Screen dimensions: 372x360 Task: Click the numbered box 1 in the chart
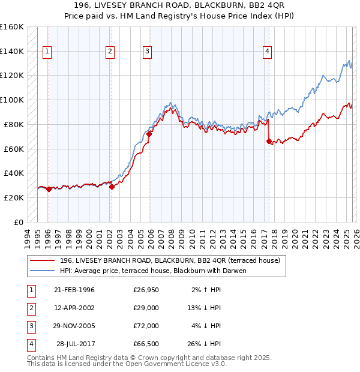click(47, 52)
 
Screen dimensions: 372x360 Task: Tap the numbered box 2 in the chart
click(110, 52)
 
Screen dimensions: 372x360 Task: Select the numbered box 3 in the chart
click(147, 52)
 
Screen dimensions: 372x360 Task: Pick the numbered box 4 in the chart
click(266, 52)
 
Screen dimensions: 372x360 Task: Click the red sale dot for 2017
click(269, 142)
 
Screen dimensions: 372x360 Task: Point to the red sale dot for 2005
click(149, 134)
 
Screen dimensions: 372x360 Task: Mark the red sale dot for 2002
click(112, 187)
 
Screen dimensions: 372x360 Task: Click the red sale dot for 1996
click(49, 189)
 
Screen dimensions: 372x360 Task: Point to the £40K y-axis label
click(14, 173)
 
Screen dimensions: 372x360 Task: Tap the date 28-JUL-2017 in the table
click(75, 344)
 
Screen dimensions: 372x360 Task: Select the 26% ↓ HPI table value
click(203, 344)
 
